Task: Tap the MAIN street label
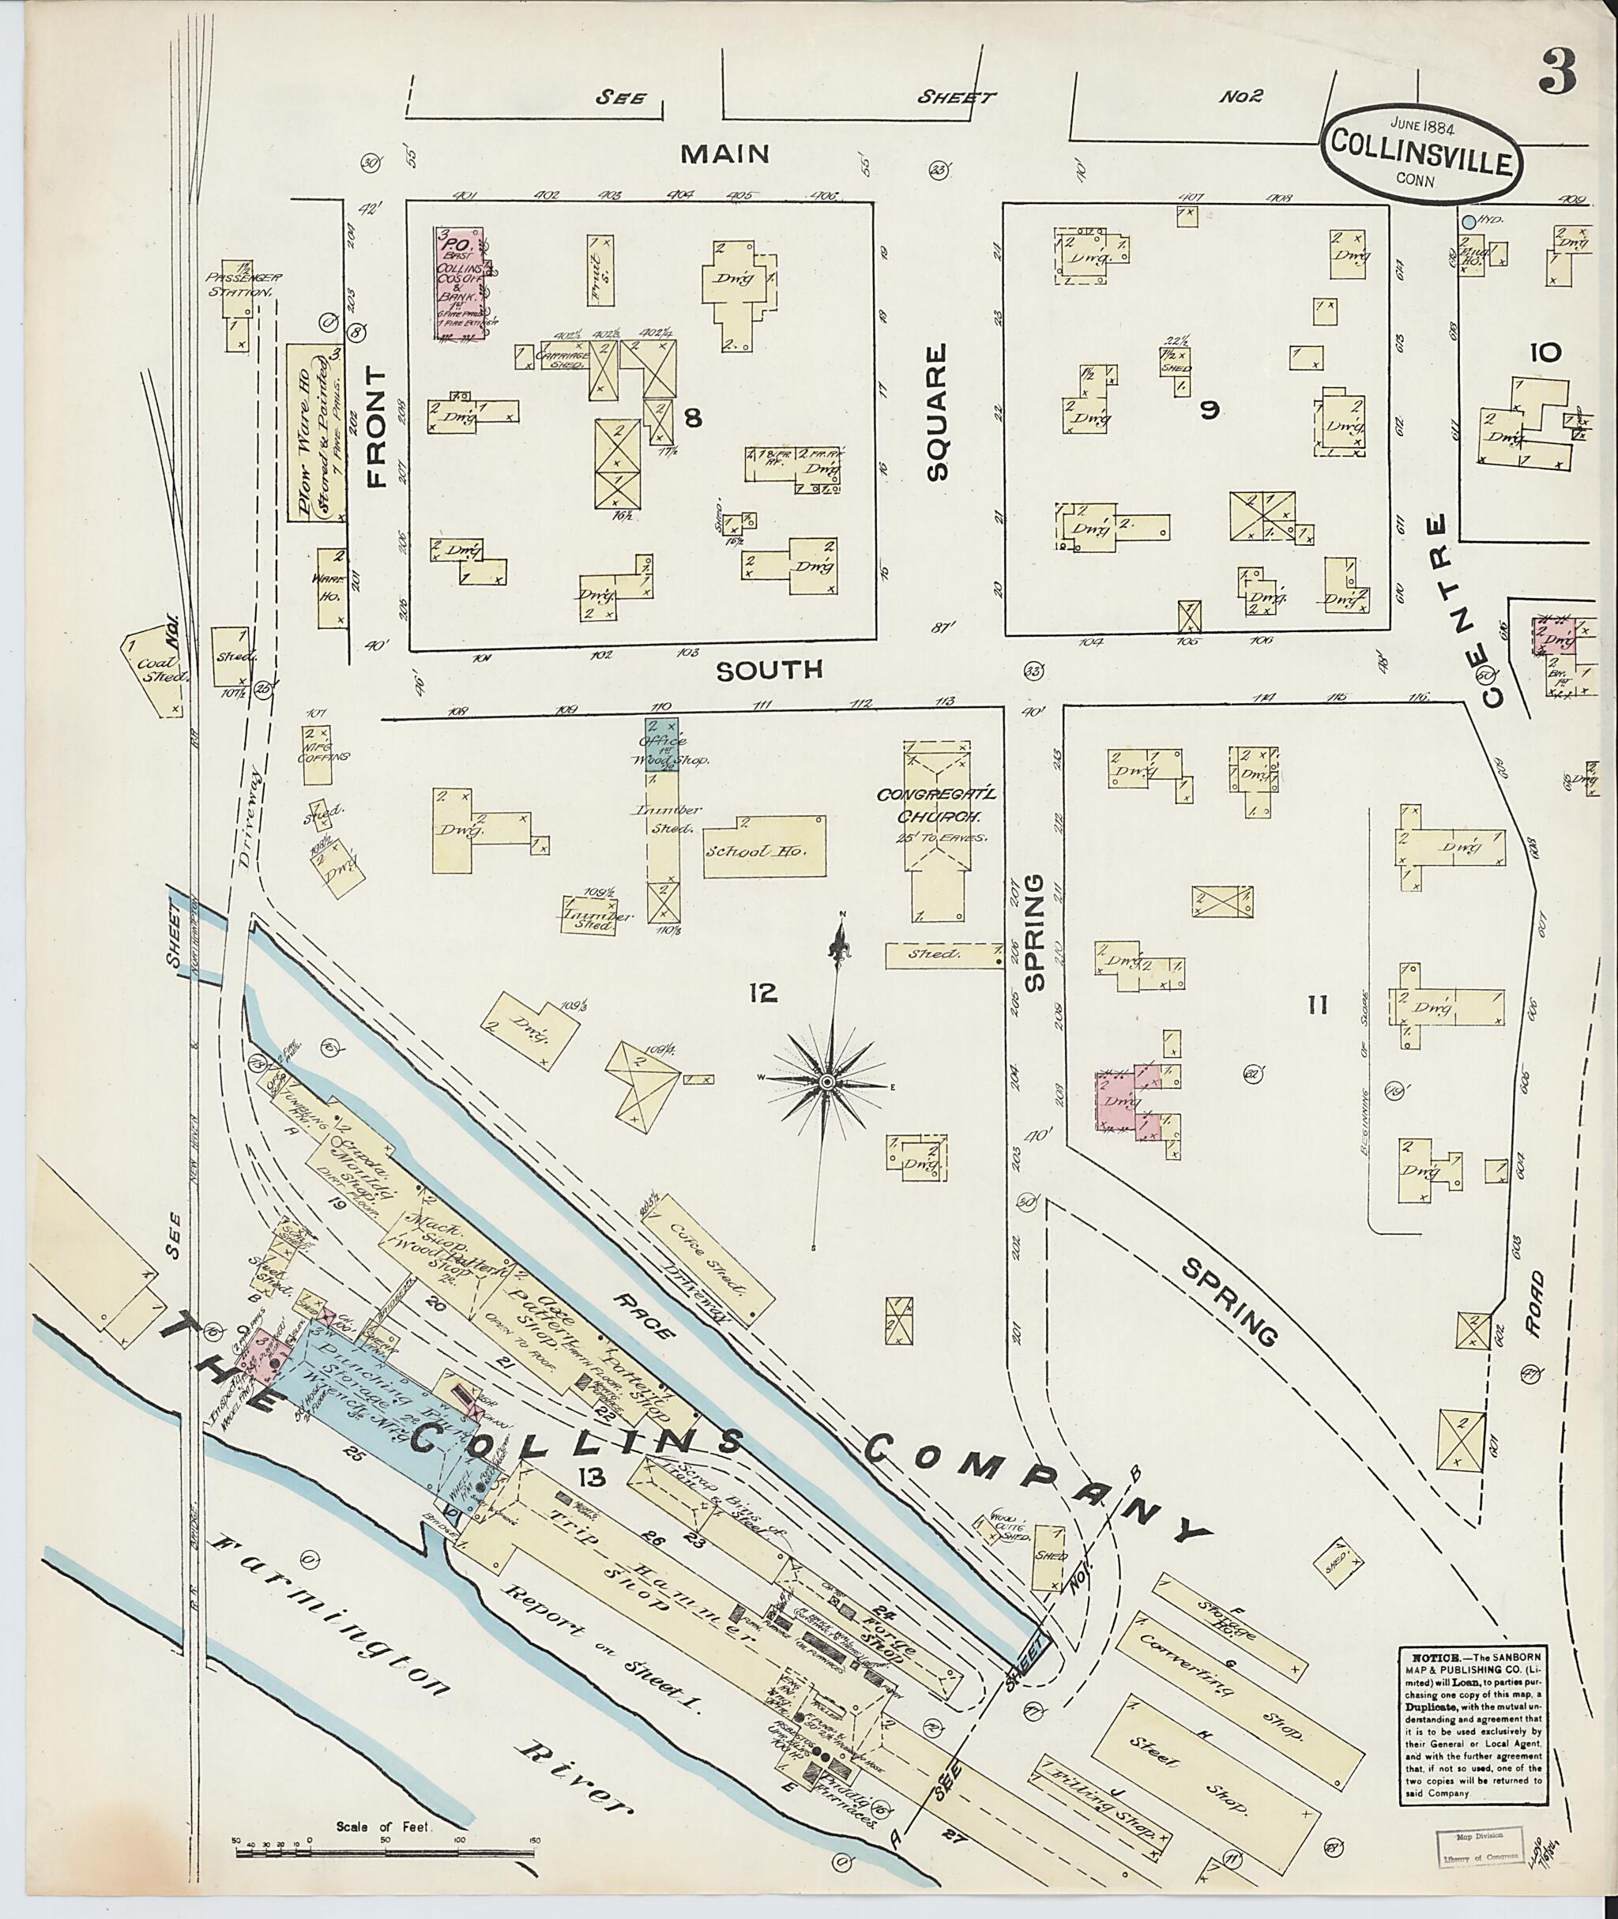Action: pyautogui.click(x=724, y=153)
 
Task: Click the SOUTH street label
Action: pyautogui.click(x=769, y=671)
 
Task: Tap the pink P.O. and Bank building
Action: pyautogui.click(x=461, y=284)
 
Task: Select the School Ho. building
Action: pyautogui.click(x=765, y=848)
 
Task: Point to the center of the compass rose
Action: pyautogui.click(x=827, y=1083)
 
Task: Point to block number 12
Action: pyautogui.click(x=762, y=992)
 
